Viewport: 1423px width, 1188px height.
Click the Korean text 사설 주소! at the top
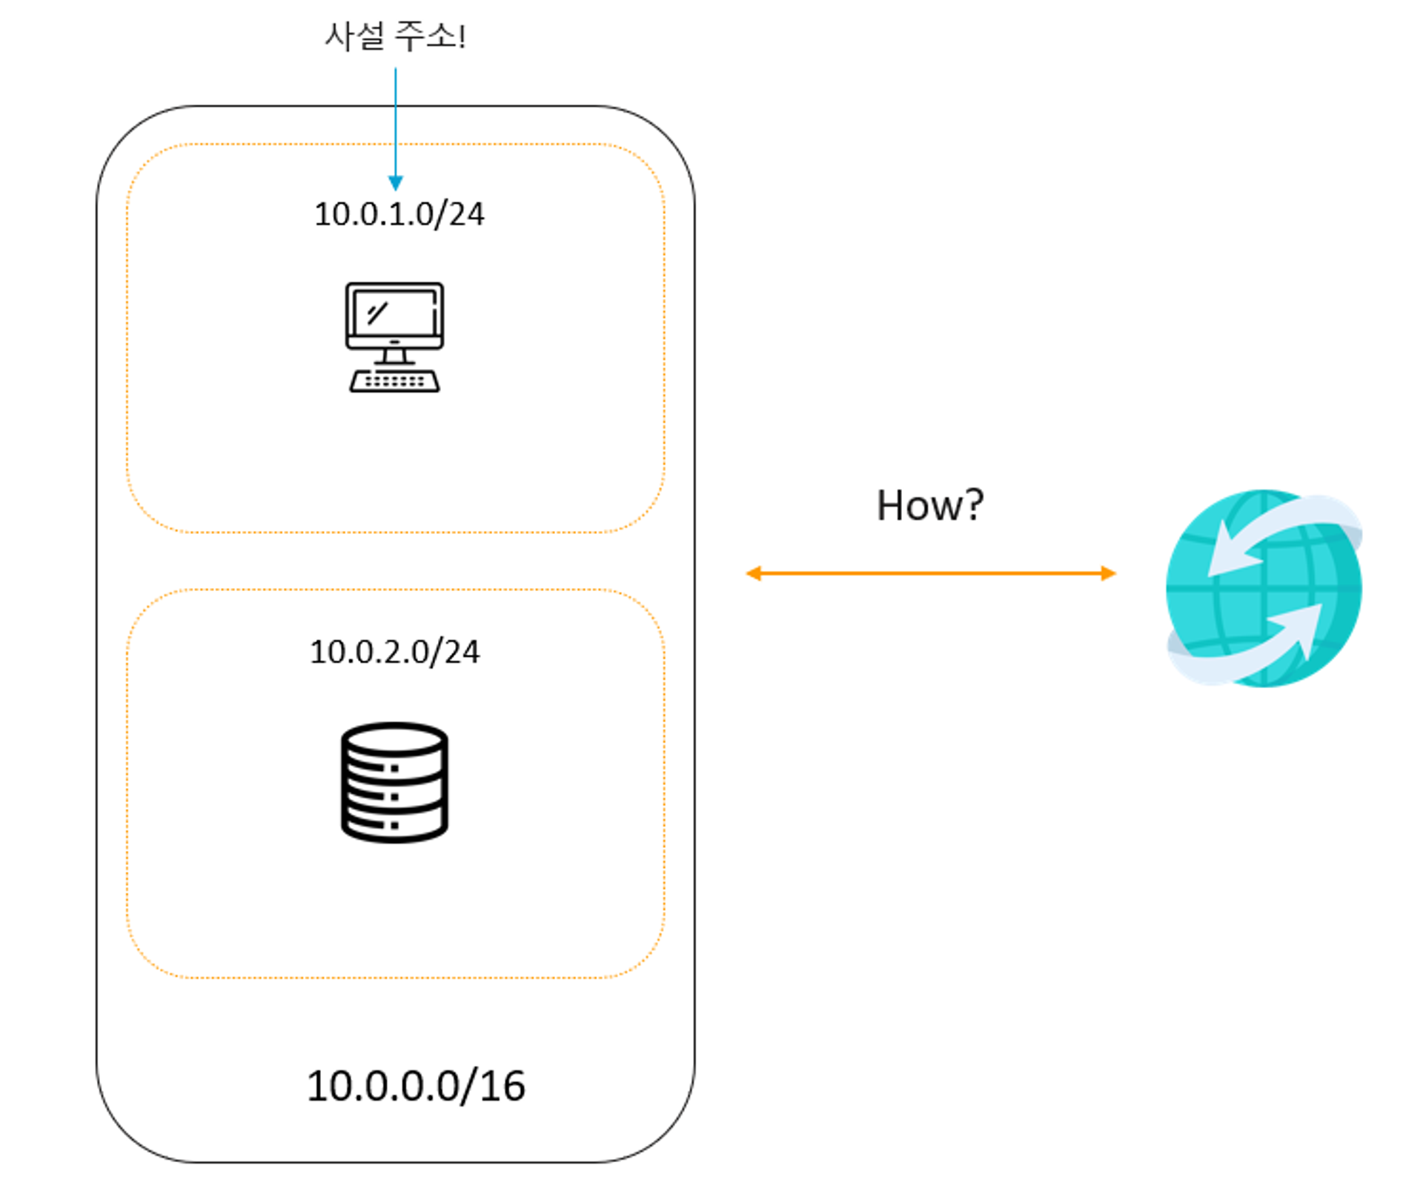[395, 36]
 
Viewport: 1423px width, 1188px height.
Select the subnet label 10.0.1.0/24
[399, 214]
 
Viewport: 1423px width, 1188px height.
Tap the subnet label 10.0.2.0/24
[394, 652]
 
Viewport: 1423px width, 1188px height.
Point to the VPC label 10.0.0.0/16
[416, 1086]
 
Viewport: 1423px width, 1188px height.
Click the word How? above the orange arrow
[929, 505]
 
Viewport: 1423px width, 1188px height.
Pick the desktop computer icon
[394, 337]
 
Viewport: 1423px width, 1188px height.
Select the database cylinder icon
[394, 782]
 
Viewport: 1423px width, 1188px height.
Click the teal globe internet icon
[1264, 588]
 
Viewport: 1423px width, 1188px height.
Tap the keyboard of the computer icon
[394, 381]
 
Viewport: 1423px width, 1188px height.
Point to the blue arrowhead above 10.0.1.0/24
[396, 183]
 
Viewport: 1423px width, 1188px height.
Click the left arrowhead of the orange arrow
[754, 573]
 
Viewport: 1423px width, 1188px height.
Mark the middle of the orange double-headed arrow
[931, 573]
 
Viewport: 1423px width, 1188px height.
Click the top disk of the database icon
[394, 738]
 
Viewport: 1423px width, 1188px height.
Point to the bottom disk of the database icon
[394, 825]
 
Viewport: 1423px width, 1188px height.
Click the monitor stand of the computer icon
[394, 356]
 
